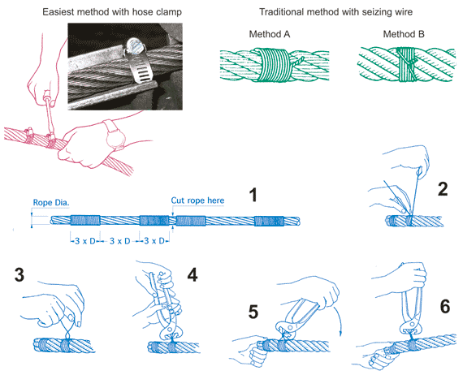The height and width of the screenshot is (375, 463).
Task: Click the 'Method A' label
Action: coord(270,34)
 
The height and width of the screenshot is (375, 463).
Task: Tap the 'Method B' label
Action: coord(404,34)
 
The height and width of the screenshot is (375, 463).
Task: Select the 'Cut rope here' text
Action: coord(197,200)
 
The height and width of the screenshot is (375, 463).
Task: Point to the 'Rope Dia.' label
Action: coord(51,203)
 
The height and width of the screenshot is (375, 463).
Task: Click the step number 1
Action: coord(253,195)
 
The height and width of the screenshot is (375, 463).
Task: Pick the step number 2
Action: coord(443,189)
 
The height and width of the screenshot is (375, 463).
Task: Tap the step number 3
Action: coord(19,274)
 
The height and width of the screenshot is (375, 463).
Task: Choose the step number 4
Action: coord(193,274)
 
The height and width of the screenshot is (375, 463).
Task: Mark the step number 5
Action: coord(253,312)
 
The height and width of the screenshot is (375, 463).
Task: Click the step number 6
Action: coord(445,306)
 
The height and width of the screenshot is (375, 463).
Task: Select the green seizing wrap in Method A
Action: coord(274,65)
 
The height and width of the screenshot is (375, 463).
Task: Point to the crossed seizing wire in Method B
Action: coord(407,64)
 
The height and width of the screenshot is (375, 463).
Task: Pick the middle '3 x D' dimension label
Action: coord(120,241)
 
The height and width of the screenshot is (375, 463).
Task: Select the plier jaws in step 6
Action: coord(410,327)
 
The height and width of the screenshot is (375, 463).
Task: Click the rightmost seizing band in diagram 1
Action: coord(269,221)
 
